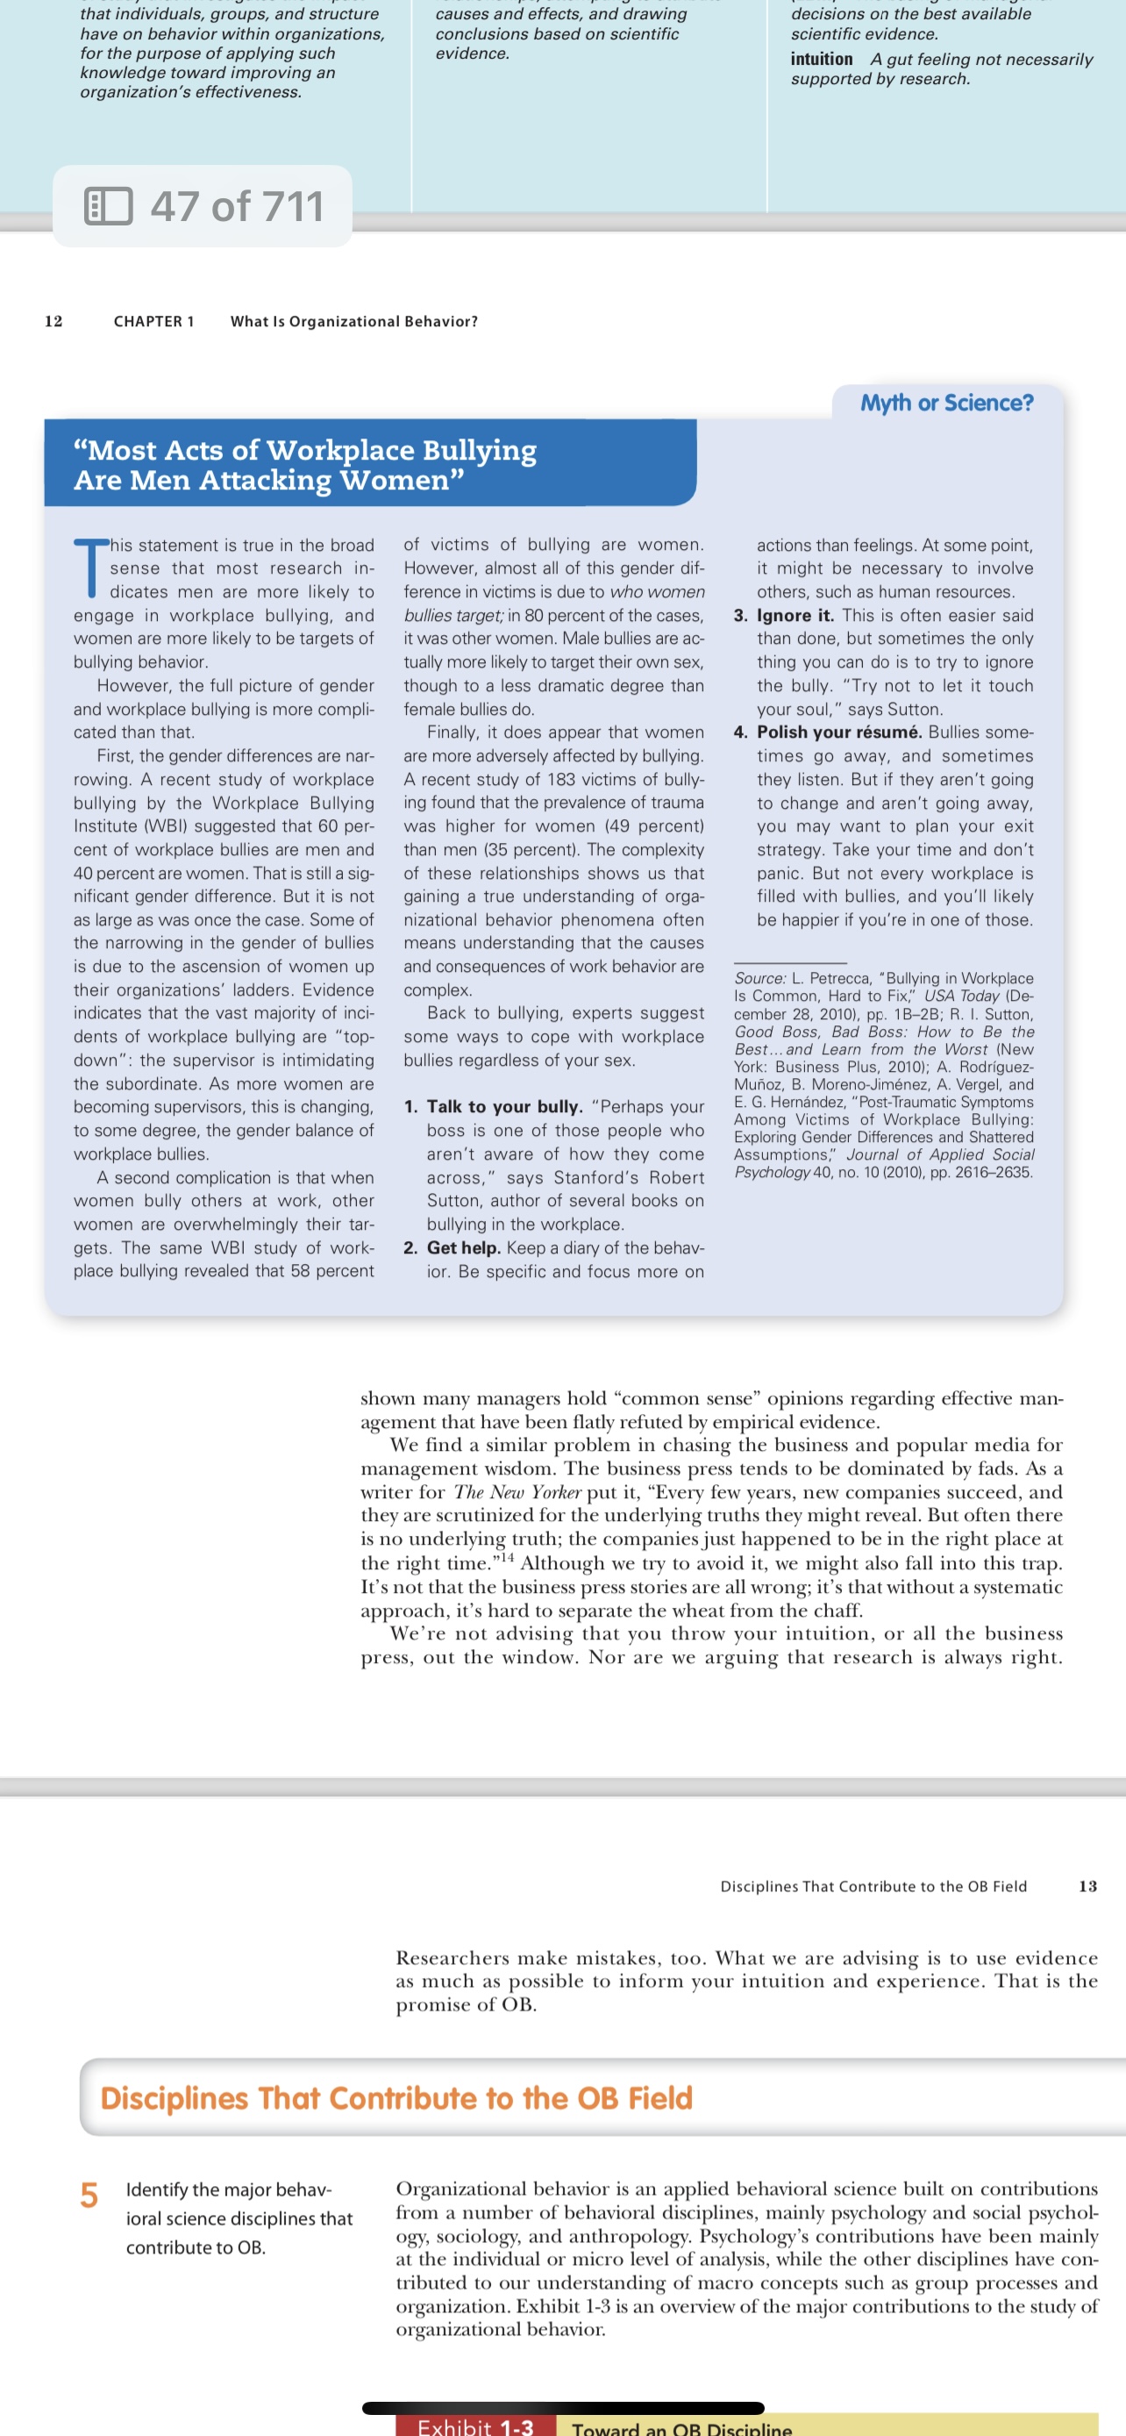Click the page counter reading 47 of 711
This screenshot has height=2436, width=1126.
pos(237,206)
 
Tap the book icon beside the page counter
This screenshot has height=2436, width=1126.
pos(108,206)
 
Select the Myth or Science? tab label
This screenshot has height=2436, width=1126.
pos(946,403)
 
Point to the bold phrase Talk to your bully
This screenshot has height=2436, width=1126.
pos(505,1106)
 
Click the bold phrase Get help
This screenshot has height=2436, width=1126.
pos(463,1247)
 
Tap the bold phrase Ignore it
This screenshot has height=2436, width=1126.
pos(795,616)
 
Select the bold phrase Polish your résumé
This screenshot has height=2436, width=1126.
pos(838,732)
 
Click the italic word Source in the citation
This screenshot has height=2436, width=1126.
pos(759,979)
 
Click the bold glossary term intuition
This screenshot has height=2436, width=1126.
pos(821,60)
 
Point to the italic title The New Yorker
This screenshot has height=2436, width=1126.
pos(517,1492)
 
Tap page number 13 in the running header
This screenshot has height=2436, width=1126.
pos(1087,1887)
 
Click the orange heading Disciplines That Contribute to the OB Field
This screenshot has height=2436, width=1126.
pos(396,2097)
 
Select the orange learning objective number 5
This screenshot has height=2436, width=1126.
pos(89,2195)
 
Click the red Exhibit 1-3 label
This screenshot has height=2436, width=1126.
pos(474,2426)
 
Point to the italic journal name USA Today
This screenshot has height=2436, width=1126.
pos(960,996)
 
